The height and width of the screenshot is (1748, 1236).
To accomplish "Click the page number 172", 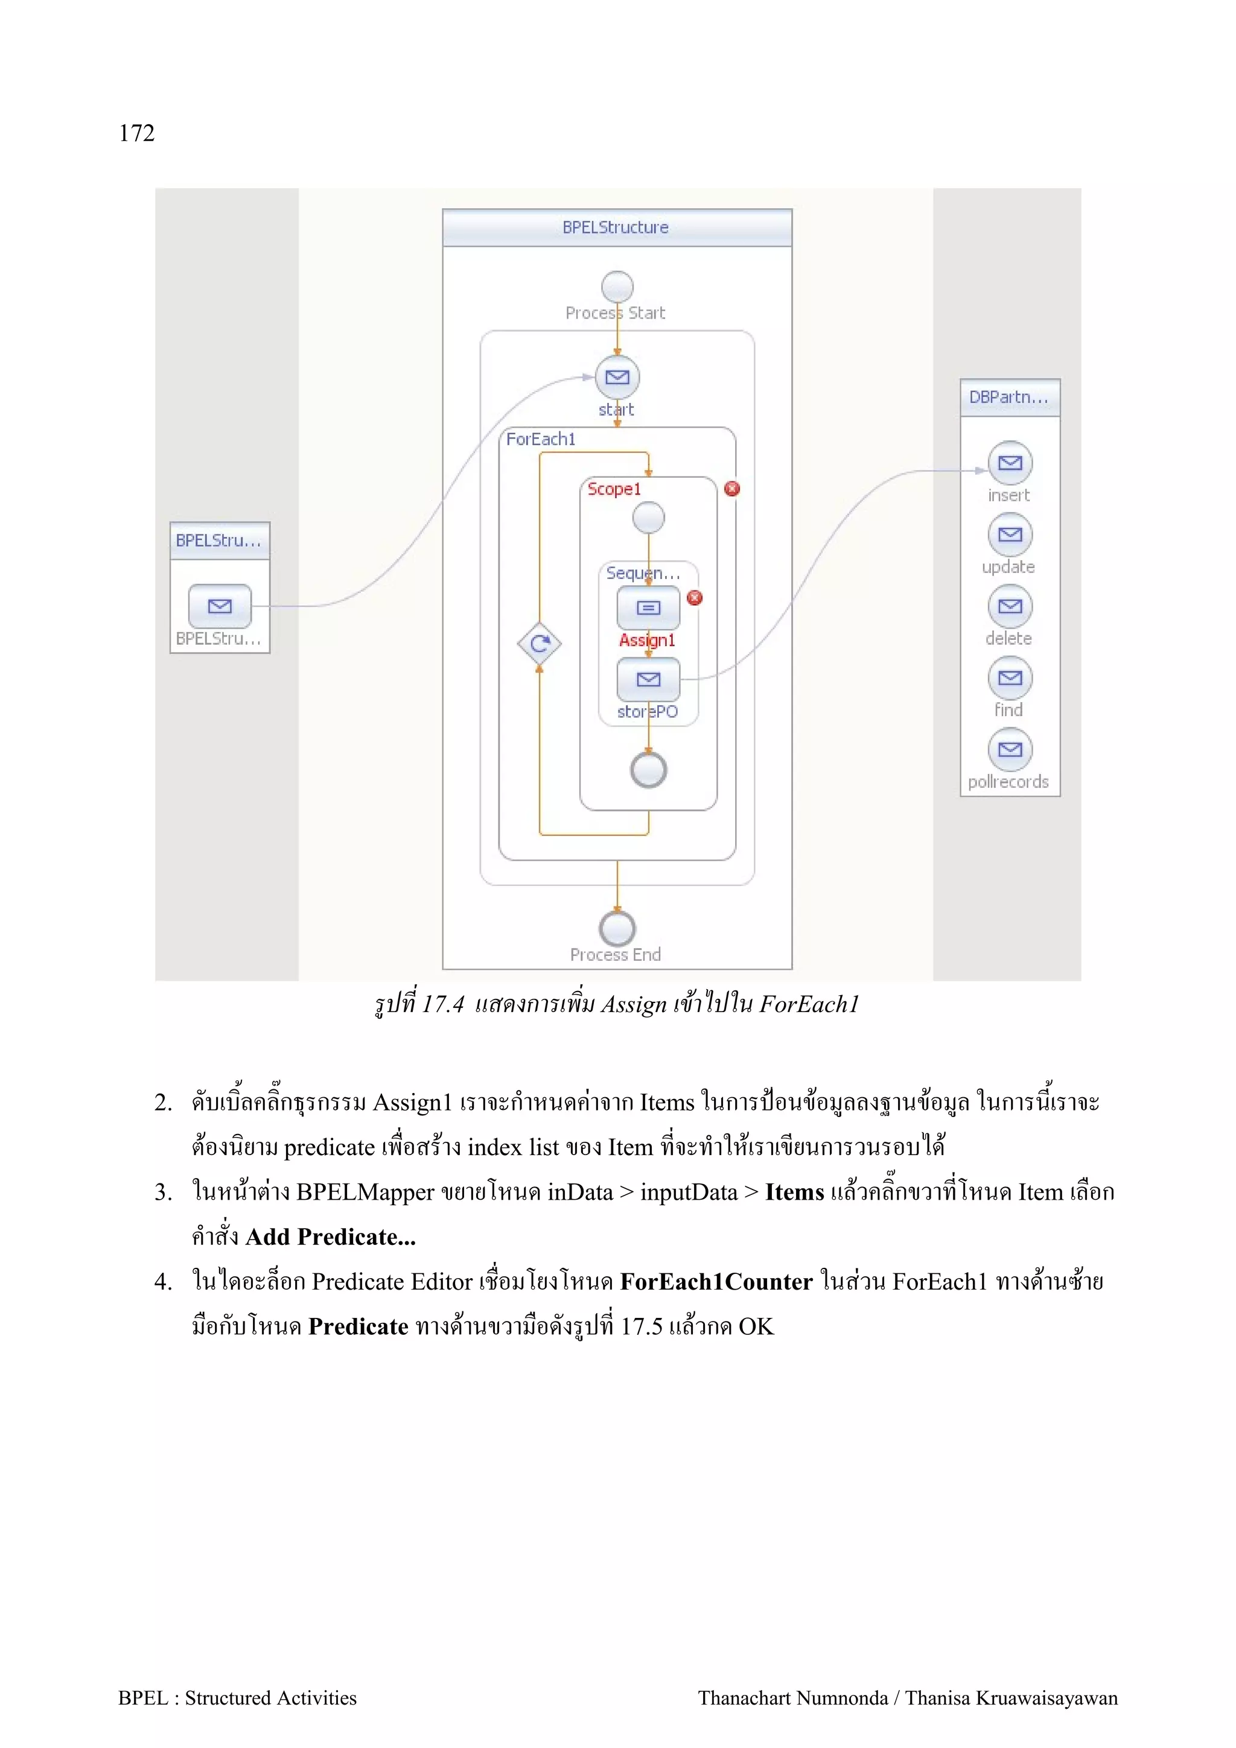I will (x=136, y=133).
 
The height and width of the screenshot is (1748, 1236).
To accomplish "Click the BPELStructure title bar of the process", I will (x=616, y=227).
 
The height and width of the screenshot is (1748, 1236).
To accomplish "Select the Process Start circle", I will (x=617, y=287).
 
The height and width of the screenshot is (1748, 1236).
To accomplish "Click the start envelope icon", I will (x=617, y=377).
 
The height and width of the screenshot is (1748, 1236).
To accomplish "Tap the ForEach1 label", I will (x=541, y=439).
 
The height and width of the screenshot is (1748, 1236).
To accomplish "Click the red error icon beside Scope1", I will (x=732, y=489).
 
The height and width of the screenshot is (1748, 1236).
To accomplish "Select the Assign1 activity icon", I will (x=648, y=607).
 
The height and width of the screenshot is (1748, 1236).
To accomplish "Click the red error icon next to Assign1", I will (x=695, y=598).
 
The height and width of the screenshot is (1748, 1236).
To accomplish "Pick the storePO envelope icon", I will (x=648, y=679).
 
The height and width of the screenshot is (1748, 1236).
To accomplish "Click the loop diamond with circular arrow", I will (x=539, y=644).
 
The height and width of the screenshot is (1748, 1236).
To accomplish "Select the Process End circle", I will (x=617, y=928).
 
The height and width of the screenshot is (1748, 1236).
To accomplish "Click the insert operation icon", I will (x=1010, y=463).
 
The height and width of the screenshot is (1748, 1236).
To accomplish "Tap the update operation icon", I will (x=1010, y=534).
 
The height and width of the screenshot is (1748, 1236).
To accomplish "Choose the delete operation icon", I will (x=1010, y=606).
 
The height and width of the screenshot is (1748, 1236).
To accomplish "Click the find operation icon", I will (x=1010, y=677).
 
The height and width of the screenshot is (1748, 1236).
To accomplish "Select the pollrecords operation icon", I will (x=1010, y=749).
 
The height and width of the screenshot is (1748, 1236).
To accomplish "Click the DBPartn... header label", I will (x=1008, y=397).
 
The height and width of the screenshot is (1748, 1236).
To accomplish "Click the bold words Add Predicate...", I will (x=330, y=1237).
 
